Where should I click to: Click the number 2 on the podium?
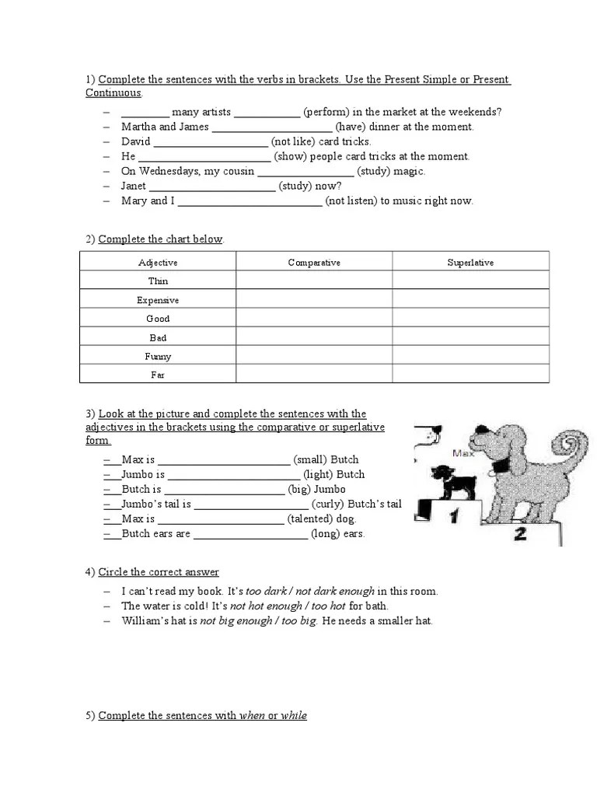pyautogui.click(x=520, y=533)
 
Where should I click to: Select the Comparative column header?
pyautogui.click(x=314, y=263)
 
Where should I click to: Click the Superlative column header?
pyautogui.click(x=470, y=263)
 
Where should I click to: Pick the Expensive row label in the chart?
pyautogui.click(x=158, y=300)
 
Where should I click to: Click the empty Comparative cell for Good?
pyautogui.click(x=314, y=319)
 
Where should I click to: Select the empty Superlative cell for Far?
pyautogui.click(x=470, y=375)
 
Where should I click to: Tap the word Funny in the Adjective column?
pyautogui.click(x=158, y=357)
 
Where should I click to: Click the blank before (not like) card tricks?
pyautogui.click(x=211, y=141)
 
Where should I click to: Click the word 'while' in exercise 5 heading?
pyautogui.click(x=294, y=715)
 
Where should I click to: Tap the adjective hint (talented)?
pyautogui.click(x=309, y=518)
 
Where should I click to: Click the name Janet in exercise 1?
pyautogui.click(x=134, y=186)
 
